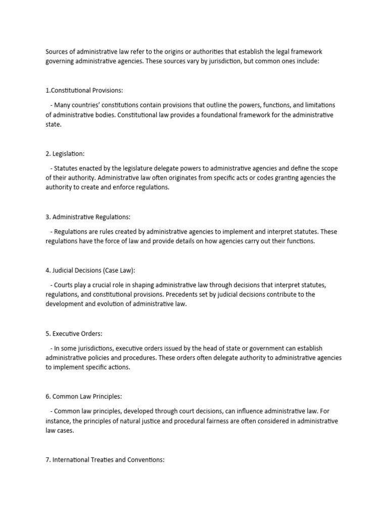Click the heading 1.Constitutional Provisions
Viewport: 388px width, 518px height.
[x=84, y=91]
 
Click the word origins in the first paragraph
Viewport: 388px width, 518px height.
[x=172, y=53]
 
